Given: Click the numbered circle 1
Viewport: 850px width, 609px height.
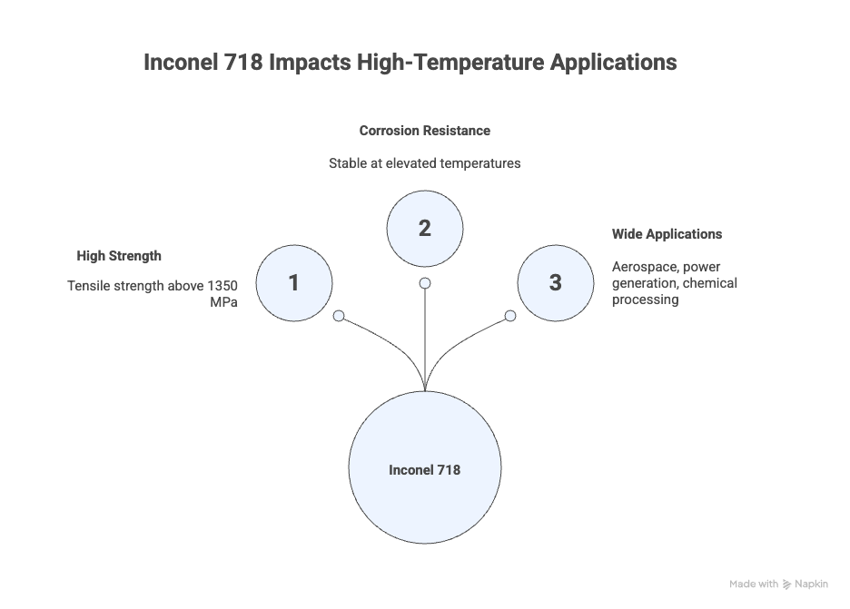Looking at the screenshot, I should pos(294,283).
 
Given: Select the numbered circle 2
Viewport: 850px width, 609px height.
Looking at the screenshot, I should pos(425,229).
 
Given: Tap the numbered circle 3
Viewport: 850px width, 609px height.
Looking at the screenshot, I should pos(556,283).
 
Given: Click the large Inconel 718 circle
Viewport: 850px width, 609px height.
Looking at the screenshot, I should pos(425,468).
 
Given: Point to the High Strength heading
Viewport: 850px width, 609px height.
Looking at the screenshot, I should pos(119,256).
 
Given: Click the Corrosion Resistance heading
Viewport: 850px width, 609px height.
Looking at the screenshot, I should pos(424,131).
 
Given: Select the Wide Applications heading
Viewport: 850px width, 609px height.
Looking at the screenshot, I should pos(667,234).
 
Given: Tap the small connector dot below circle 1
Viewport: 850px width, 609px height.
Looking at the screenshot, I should pos(339,316).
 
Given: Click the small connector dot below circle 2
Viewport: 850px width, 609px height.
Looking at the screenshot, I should pos(425,283).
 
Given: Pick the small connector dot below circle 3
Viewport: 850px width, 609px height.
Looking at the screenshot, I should pos(510,316).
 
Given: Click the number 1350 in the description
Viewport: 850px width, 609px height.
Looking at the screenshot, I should pos(222,286).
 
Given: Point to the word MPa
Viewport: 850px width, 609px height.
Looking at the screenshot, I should pos(222,301).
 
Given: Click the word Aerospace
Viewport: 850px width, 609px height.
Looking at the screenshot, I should pos(645,267).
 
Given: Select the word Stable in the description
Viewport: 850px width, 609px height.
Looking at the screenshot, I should pos(348,163).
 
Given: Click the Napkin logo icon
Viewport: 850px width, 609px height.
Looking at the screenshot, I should pos(786,584).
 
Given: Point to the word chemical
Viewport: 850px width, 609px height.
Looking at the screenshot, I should pos(710,283).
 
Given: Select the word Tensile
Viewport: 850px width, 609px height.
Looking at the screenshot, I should pos(89,286).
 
